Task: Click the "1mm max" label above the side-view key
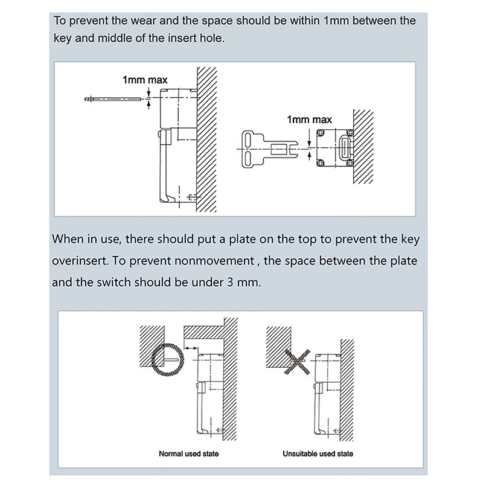point(145,80)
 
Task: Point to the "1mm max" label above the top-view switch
point(309,120)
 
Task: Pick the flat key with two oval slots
point(266,148)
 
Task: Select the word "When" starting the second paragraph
point(68,238)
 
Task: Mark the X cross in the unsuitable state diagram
point(292,362)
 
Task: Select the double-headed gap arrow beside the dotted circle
point(191,348)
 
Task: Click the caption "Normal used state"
point(188,453)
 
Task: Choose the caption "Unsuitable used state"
point(318,453)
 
